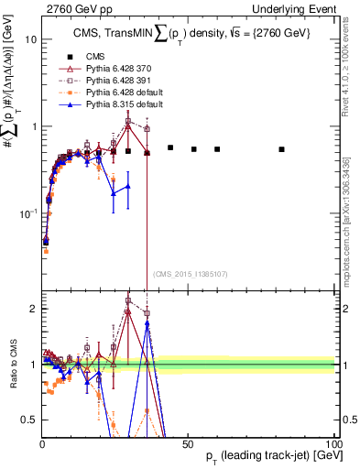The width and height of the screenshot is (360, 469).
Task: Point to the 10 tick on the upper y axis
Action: coord(30,40)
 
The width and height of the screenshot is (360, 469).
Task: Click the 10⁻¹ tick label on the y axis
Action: coord(27,213)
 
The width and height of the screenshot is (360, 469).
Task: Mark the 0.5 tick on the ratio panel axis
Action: coord(29,420)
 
